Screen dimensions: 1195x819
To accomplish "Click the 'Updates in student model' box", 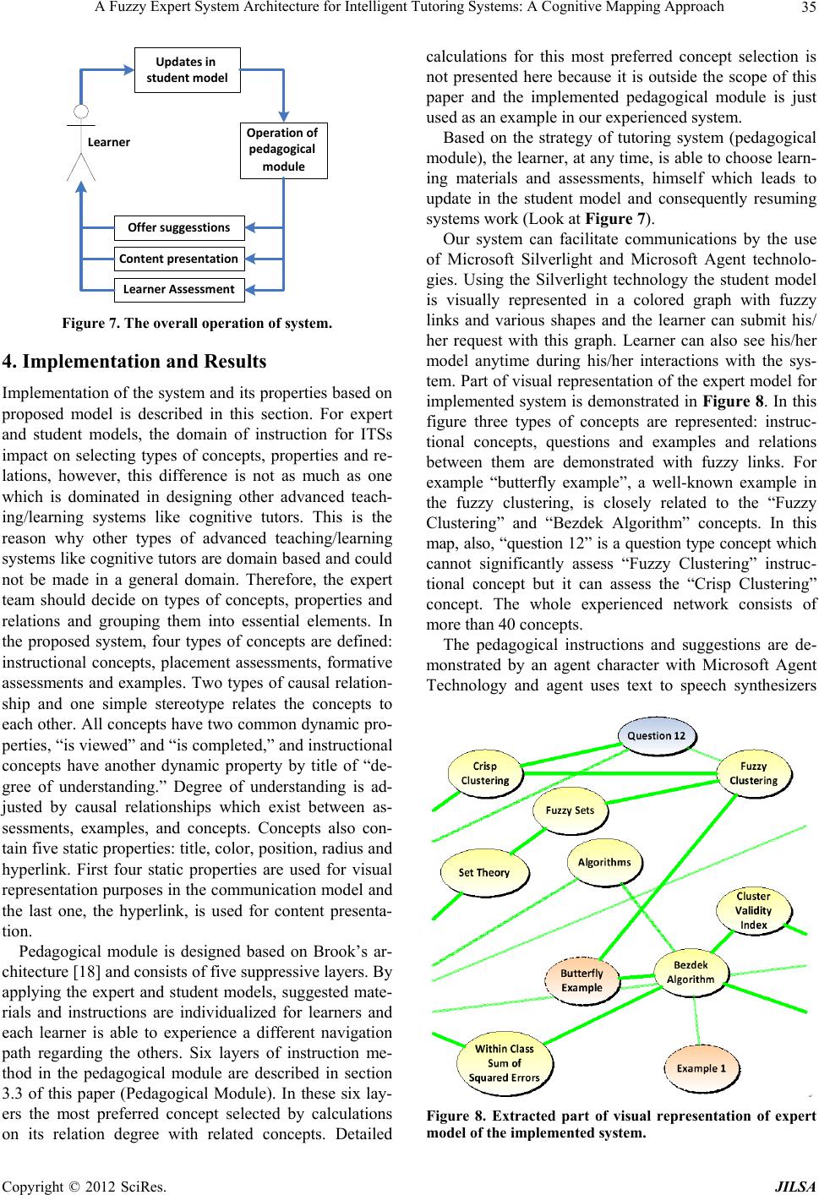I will tap(187, 69).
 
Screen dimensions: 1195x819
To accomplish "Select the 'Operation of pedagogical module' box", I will tap(283, 150).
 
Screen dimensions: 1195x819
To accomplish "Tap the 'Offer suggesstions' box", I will tap(179, 227).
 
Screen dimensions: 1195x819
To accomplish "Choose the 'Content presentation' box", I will tap(179, 259).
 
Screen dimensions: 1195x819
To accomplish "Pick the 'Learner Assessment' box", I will tap(179, 289).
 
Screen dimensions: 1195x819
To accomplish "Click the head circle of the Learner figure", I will tap(81, 112).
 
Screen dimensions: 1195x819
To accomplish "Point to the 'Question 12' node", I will tap(656, 734).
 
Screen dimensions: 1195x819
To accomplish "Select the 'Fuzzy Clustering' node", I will tap(753, 773).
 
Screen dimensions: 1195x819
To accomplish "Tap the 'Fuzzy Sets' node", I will tap(571, 810).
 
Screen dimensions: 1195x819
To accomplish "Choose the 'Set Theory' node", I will tap(484, 872).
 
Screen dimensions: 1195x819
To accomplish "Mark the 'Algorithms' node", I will tap(604, 863).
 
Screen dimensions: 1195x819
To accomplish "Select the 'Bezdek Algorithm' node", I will tap(691, 972).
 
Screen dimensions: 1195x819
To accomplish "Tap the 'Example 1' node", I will tap(701, 1069).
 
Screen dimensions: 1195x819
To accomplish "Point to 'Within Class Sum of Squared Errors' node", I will tap(505, 1063).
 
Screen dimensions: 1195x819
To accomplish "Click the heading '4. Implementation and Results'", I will tap(135, 362).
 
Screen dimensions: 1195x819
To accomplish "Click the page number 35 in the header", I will tap(802, 8).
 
